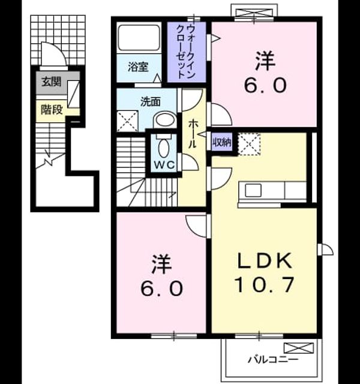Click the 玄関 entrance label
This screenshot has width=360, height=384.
[x=51, y=82]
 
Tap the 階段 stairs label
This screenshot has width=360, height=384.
[x=52, y=109]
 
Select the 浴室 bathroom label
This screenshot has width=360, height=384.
[x=138, y=67]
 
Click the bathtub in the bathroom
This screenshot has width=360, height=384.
[x=139, y=37]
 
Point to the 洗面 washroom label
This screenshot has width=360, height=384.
[x=151, y=102]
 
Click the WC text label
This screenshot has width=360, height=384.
[x=164, y=165]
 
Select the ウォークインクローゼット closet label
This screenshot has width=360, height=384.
[x=186, y=52]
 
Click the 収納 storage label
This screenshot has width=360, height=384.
[x=222, y=142]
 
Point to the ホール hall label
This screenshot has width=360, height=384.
[x=193, y=134]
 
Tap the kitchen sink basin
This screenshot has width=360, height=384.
[x=253, y=190]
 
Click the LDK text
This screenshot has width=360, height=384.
[x=265, y=260]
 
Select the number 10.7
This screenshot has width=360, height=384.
[x=264, y=284]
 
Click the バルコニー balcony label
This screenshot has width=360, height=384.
[x=274, y=360]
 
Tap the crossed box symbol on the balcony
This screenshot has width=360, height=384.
[x=299, y=348]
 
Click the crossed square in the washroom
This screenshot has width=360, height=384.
[x=127, y=121]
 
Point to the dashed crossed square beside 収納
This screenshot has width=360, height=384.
[x=249, y=144]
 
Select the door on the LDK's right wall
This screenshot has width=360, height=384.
[x=325, y=250]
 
